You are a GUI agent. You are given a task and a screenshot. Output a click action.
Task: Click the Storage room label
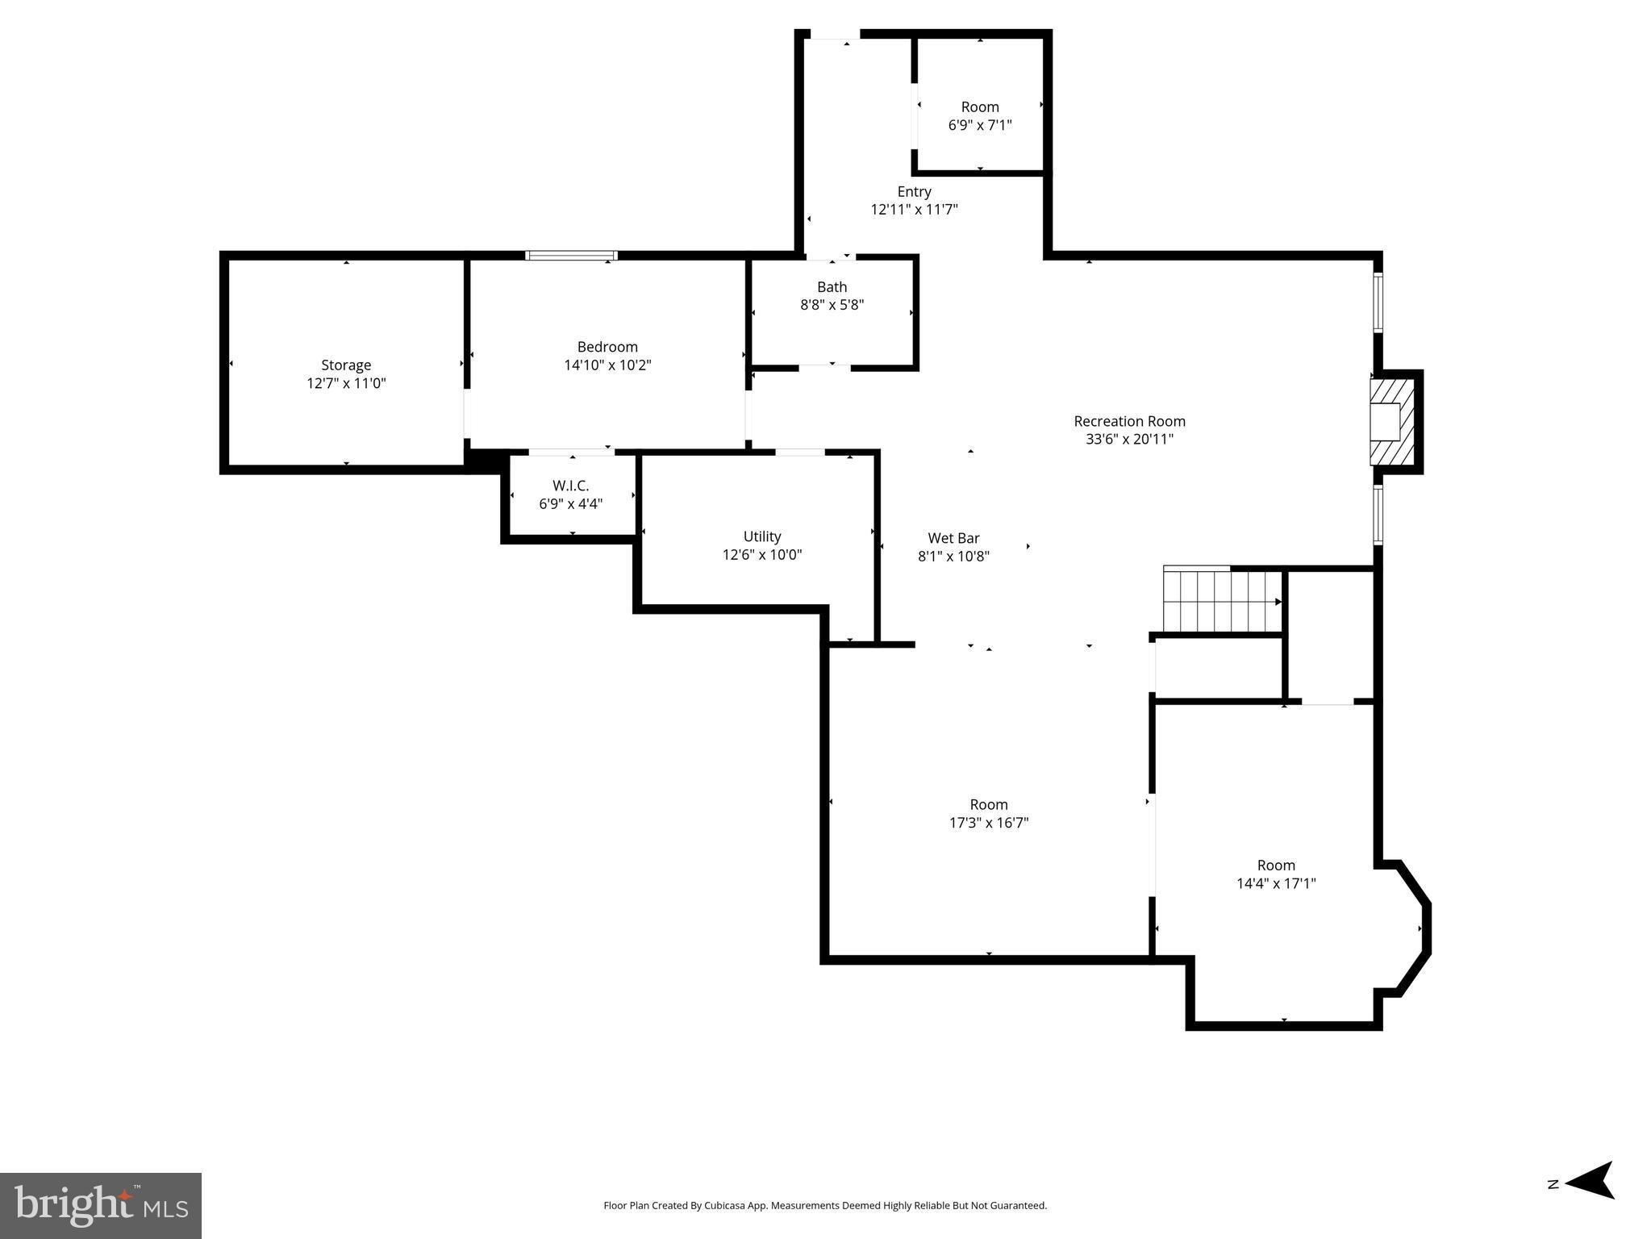point(346,365)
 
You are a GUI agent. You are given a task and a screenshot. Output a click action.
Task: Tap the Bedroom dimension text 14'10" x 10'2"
point(607,365)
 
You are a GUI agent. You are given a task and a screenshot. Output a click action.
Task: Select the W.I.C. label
point(570,486)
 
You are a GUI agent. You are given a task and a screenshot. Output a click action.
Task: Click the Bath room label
point(832,287)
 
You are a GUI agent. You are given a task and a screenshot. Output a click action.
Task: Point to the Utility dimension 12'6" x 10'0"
point(761,555)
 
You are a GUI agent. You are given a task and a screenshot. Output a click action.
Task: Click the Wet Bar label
point(953,538)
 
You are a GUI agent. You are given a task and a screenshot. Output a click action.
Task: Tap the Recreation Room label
point(1129,421)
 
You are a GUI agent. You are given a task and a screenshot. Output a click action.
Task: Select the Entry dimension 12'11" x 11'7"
point(914,210)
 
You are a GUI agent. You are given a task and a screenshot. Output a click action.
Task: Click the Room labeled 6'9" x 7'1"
point(979,107)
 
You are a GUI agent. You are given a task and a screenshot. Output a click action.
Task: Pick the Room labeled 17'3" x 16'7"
point(988,804)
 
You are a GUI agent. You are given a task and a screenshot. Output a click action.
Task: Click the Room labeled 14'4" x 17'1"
point(1275,866)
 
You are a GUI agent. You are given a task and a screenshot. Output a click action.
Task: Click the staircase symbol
point(1221,601)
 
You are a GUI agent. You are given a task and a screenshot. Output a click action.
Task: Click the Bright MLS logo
point(101,1205)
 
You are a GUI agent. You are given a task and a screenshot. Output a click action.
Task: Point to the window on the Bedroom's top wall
point(571,256)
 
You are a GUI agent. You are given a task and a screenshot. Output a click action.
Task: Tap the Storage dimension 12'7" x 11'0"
point(346,384)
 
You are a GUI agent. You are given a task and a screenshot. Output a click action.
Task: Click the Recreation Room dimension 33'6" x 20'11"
point(1129,440)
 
